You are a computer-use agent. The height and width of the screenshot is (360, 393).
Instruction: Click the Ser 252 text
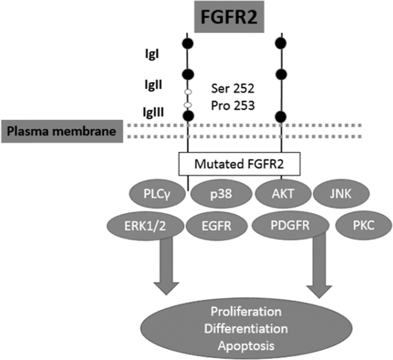(233, 90)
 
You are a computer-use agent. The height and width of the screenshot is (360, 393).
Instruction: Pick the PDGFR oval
(290, 225)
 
